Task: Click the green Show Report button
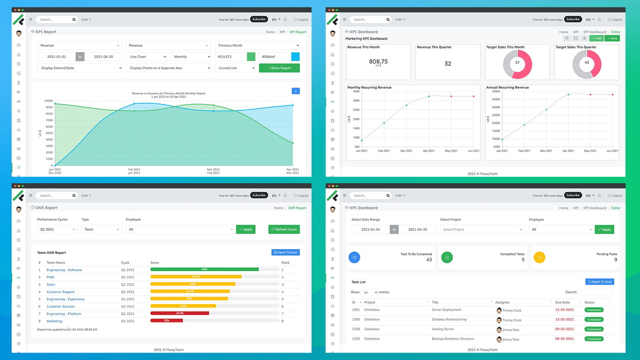(x=279, y=68)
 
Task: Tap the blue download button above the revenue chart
(x=295, y=91)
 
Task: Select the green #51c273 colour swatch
(x=251, y=57)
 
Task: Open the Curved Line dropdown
(x=235, y=68)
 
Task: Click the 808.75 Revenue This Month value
(x=378, y=61)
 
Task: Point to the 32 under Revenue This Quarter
(x=447, y=63)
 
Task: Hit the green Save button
(x=612, y=38)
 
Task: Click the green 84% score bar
(x=204, y=270)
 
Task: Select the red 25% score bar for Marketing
(x=166, y=321)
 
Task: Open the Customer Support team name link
(x=60, y=292)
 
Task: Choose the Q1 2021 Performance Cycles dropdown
(x=58, y=229)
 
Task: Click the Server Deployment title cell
(x=446, y=310)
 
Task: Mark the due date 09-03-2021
(x=563, y=329)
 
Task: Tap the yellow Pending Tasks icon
(x=539, y=258)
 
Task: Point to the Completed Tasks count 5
(x=523, y=260)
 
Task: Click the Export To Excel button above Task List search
(x=599, y=282)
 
